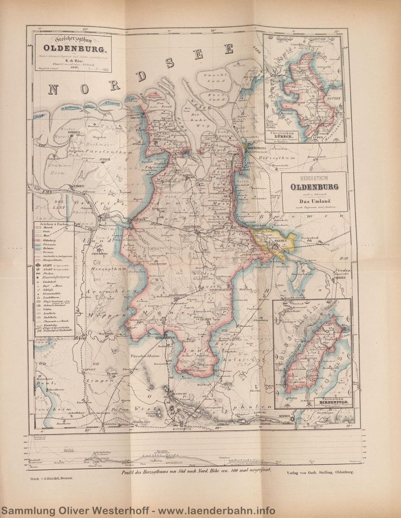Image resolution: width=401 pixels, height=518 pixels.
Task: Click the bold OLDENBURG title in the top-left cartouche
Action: click(x=78, y=50)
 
